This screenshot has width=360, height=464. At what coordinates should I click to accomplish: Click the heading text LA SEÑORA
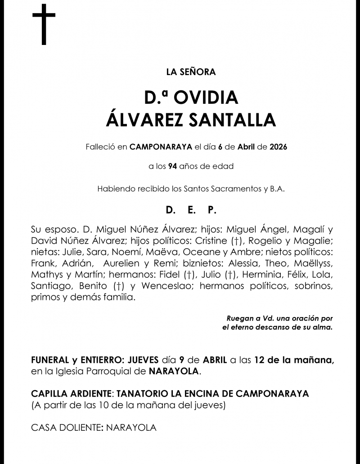click(191, 71)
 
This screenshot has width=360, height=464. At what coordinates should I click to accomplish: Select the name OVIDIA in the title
click(205, 98)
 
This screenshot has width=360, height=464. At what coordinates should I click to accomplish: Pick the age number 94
click(172, 166)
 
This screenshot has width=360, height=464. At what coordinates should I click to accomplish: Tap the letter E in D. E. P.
click(190, 210)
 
